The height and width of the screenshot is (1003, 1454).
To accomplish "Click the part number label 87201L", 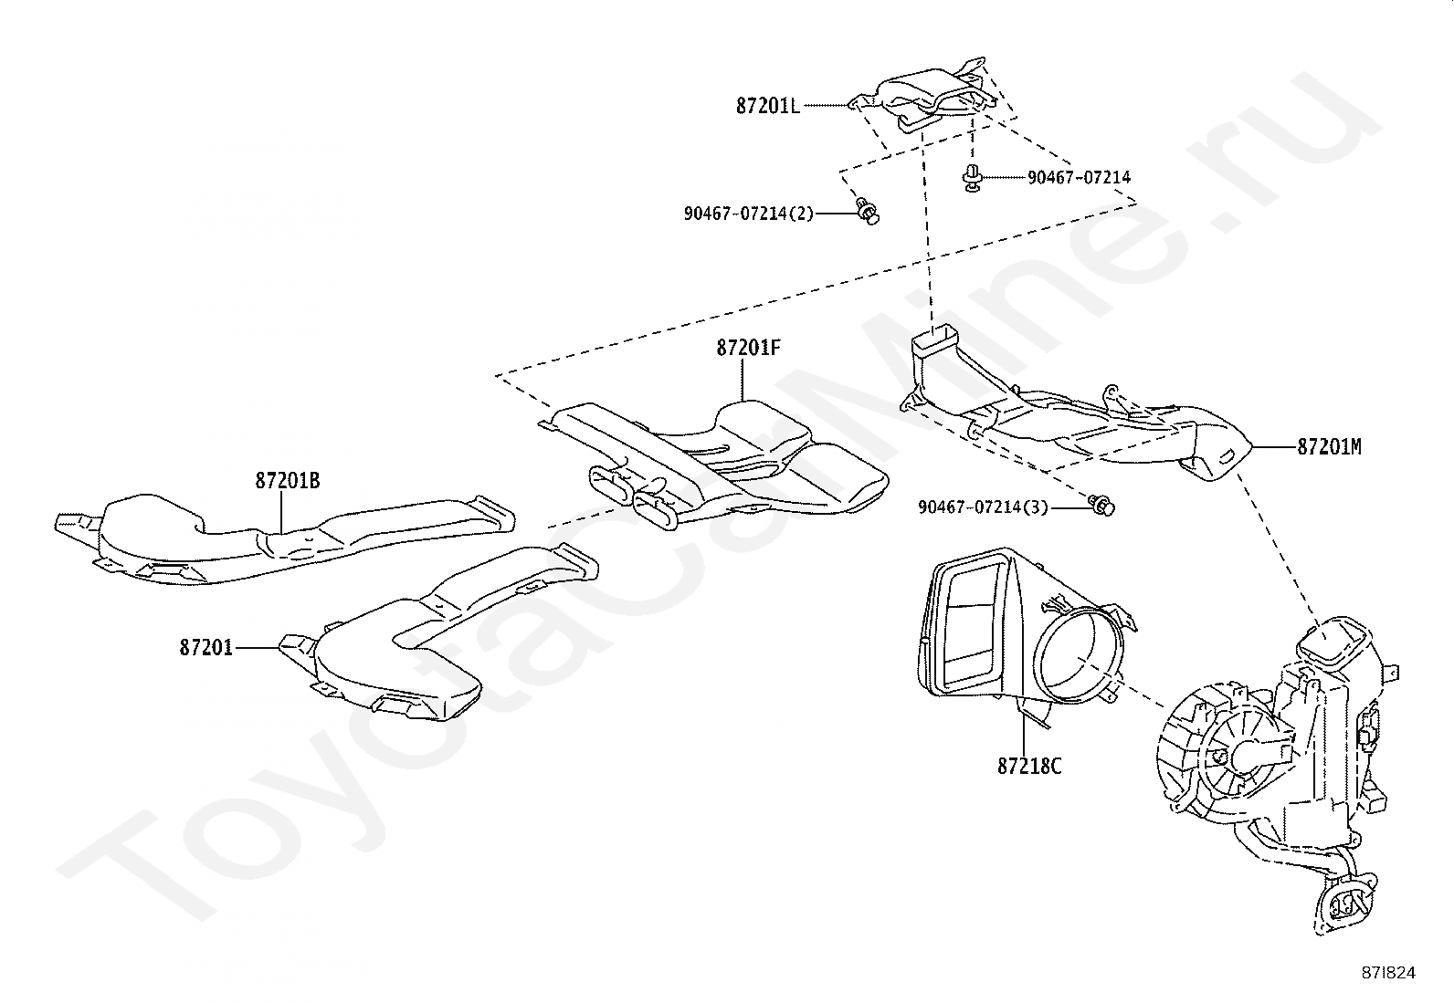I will click(x=767, y=106).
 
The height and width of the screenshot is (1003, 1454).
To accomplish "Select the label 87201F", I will click(x=748, y=349).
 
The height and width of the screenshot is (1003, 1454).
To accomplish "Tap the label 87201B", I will click(x=287, y=481).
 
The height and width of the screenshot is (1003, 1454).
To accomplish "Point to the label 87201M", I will click(x=1329, y=447).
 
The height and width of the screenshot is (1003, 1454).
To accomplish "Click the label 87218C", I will click(x=1029, y=766).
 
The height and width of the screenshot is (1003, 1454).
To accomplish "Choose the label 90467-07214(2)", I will click(x=748, y=213).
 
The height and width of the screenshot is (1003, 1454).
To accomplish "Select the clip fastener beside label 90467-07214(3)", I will click(x=1102, y=505).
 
